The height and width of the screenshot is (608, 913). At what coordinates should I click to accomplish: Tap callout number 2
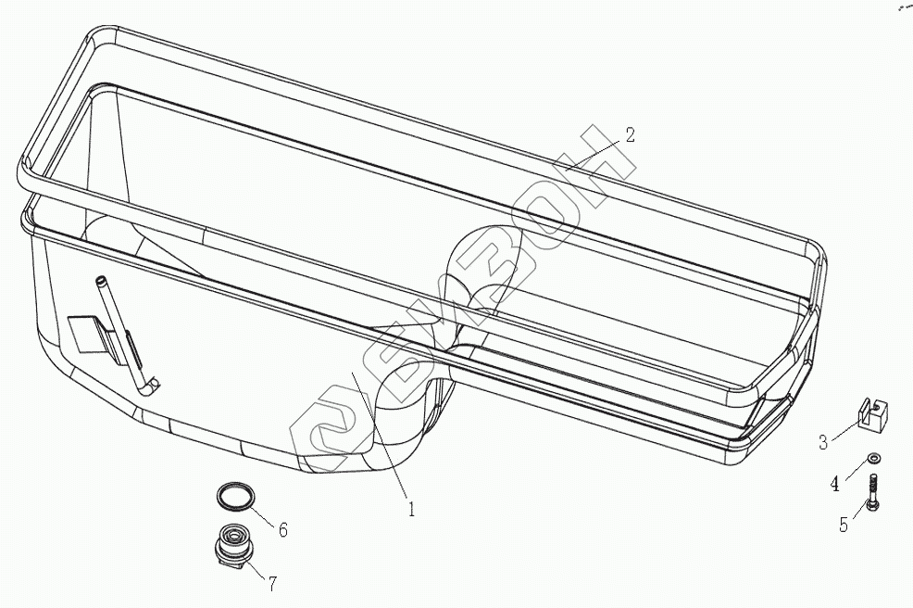pos(630,134)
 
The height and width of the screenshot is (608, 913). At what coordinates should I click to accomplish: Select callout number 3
pos(822,442)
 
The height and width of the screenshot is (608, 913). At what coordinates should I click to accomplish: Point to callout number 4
pos(834,482)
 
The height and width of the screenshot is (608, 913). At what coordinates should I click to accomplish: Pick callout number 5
pos(844,525)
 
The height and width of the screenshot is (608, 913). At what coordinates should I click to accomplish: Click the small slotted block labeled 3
pos(871,414)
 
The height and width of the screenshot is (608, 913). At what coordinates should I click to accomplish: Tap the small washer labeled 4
pos(873,458)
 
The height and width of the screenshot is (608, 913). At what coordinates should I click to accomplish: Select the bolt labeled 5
pos(873,490)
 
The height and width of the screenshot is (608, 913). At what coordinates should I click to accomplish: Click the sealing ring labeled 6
pos(234,496)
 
